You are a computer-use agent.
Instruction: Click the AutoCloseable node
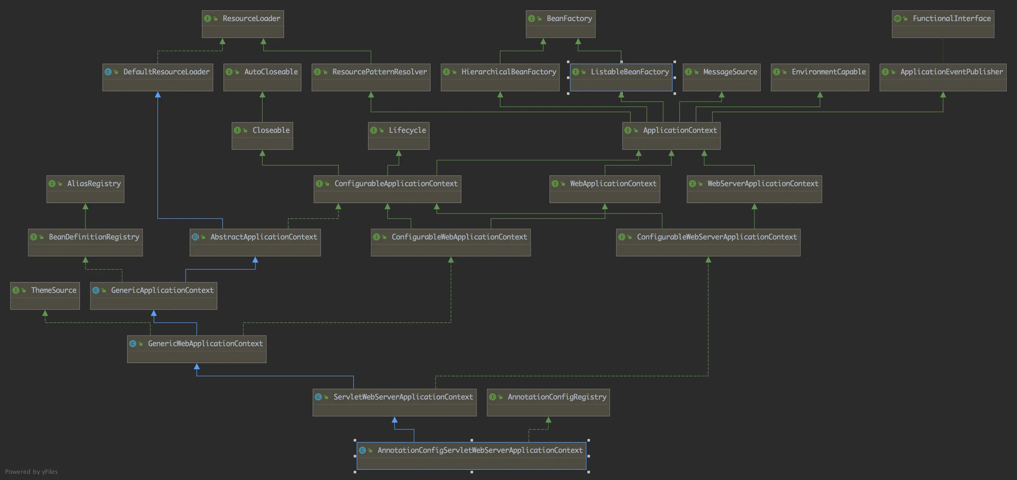pyautogui.click(x=262, y=77)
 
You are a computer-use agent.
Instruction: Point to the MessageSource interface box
pyautogui.click(x=721, y=77)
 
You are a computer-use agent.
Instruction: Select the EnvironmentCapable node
pyautogui.click(x=820, y=77)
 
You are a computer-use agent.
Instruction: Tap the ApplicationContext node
pyautogui.click(x=671, y=136)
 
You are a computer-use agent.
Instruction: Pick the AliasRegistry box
pyautogui.click(x=85, y=189)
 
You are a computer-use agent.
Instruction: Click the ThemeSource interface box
pyautogui.click(x=45, y=296)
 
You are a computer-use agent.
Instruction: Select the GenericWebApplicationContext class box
pyautogui.click(x=197, y=349)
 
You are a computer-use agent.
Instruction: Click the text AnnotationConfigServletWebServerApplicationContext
pyautogui.click(x=480, y=450)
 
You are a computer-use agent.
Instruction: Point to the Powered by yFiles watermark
pyautogui.click(x=32, y=472)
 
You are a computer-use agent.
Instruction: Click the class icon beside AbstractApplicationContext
pyautogui.click(x=195, y=237)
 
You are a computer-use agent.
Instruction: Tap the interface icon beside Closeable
pyautogui.click(x=237, y=130)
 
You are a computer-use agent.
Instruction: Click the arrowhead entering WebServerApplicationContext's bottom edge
pyautogui.click(x=754, y=207)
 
